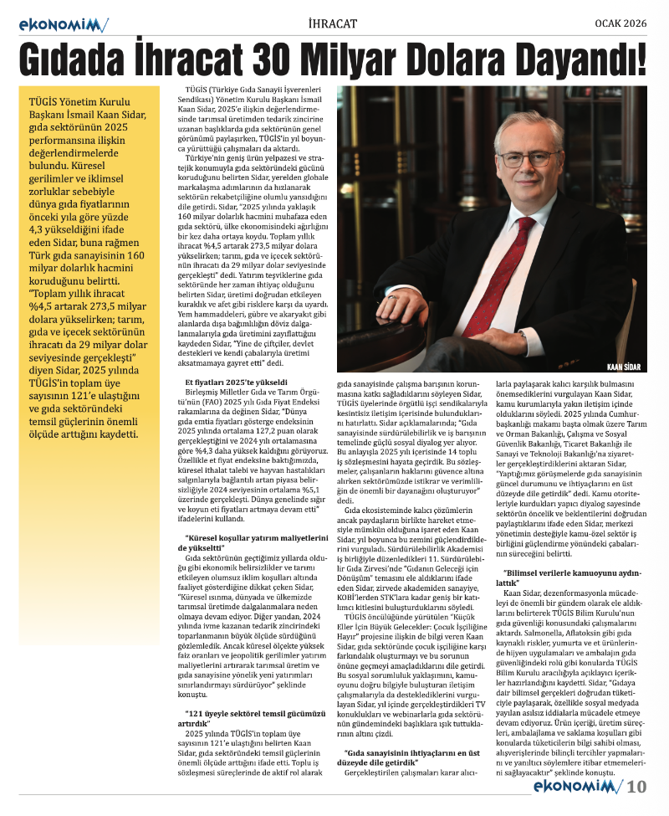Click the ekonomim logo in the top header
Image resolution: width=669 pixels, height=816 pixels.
[x=64, y=24]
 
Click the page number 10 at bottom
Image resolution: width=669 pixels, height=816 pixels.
[x=637, y=786]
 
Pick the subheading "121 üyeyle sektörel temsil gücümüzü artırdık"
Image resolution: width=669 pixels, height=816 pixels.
[x=250, y=717]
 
